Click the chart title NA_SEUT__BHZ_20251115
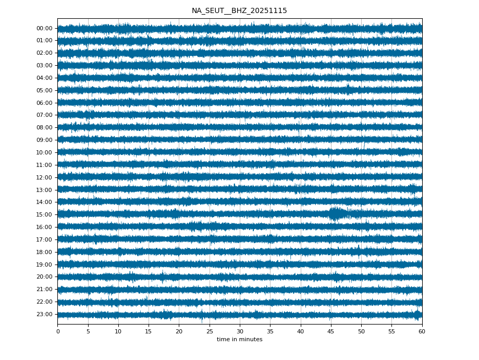(239, 11)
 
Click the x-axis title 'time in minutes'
(239, 340)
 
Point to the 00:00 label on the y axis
(45, 28)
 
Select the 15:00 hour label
(45, 214)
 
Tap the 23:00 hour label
(45, 314)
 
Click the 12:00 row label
(45, 177)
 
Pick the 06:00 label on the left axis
(45, 103)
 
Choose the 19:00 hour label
(45, 265)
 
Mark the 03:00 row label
(45, 65)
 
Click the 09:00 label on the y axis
(45, 140)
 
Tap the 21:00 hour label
(45, 289)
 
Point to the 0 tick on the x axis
(58, 331)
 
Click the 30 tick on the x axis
(240, 331)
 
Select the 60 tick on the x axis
(422, 331)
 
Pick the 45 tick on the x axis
(331, 331)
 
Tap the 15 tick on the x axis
(149, 331)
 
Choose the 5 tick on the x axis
(88, 331)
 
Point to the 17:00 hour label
(45, 239)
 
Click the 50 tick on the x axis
(361, 331)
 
